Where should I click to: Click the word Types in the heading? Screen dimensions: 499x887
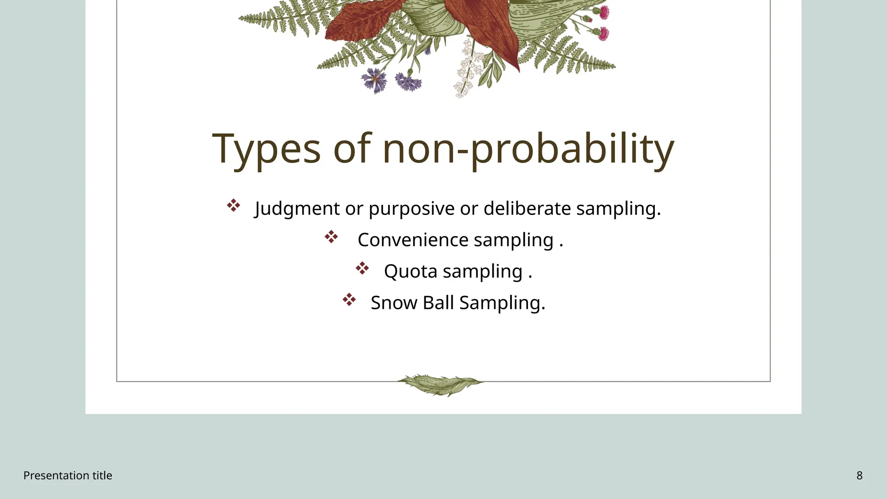click(x=266, y=149)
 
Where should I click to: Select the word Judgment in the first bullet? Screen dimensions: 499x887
click(x=298, y=209)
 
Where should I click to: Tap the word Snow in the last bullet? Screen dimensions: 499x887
click(x=394, y=302)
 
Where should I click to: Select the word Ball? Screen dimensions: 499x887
click(x=438, y=302)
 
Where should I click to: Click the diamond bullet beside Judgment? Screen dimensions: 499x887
click(x=233, y=205)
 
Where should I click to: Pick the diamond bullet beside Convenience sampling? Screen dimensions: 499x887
click(x=331, y=237)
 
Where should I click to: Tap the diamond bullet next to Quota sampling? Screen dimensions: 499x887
click(x=362, y=268)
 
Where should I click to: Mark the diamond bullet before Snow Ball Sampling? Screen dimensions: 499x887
click(x=349, y=299)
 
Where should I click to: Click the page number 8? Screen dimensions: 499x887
click(x=859, y=476)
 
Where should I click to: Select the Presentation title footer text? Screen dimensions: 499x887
click(x=68, y=476)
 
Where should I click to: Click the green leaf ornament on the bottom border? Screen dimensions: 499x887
click(x=440, y=384)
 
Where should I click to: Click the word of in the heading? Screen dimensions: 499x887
click(x=352, y=149)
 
